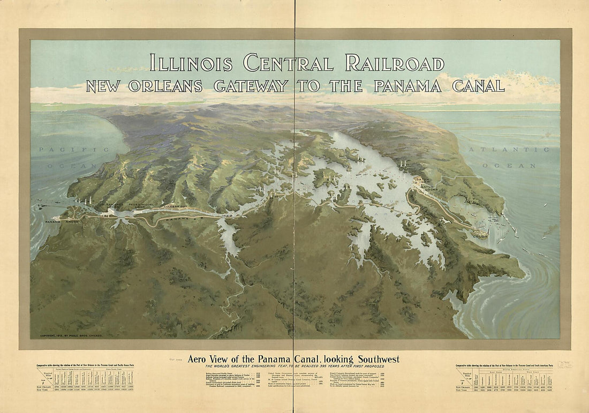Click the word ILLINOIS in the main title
coord(191,63)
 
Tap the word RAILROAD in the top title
coord(395,63)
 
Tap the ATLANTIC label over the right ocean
coord(509,150)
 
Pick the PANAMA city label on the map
coord(53,221)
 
